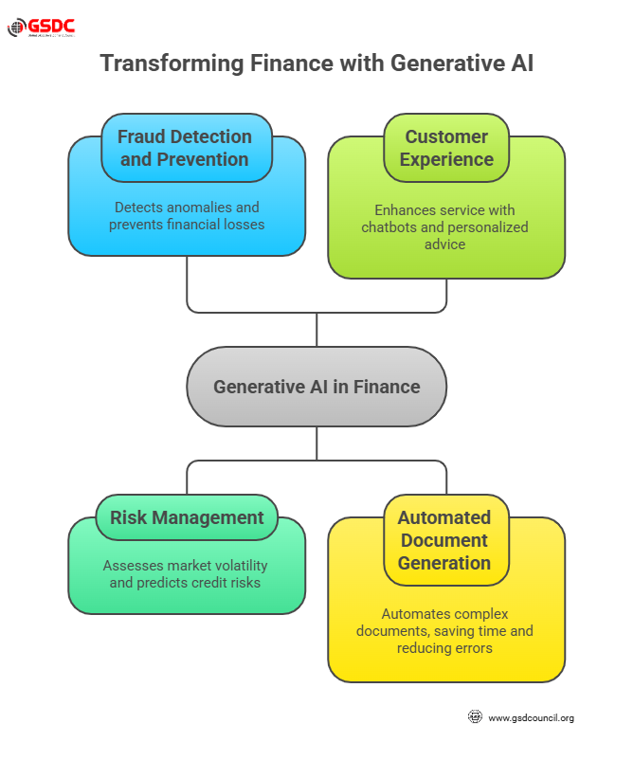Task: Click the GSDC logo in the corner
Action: (41, 27)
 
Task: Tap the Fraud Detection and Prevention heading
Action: (185, 148)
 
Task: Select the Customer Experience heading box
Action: (446, 148)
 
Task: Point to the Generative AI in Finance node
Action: (317, 387)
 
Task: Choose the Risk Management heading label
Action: (187, 517)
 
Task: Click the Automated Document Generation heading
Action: (444, 540)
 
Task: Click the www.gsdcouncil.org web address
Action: (531, 718)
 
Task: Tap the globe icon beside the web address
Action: (476, 717)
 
